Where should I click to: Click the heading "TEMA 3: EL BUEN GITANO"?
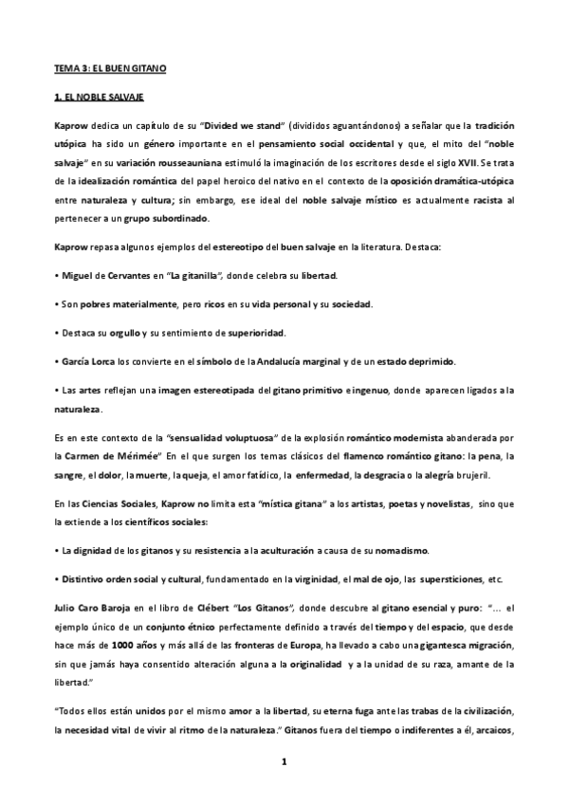[108, 69]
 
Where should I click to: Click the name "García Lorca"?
[88, 361]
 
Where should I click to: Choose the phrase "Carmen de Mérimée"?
[104, 458]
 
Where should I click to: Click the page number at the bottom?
[284, 760]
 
